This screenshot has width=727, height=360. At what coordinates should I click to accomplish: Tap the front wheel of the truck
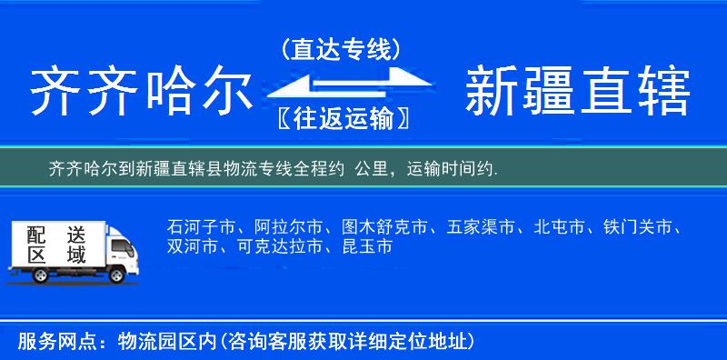tap(118, 274)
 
